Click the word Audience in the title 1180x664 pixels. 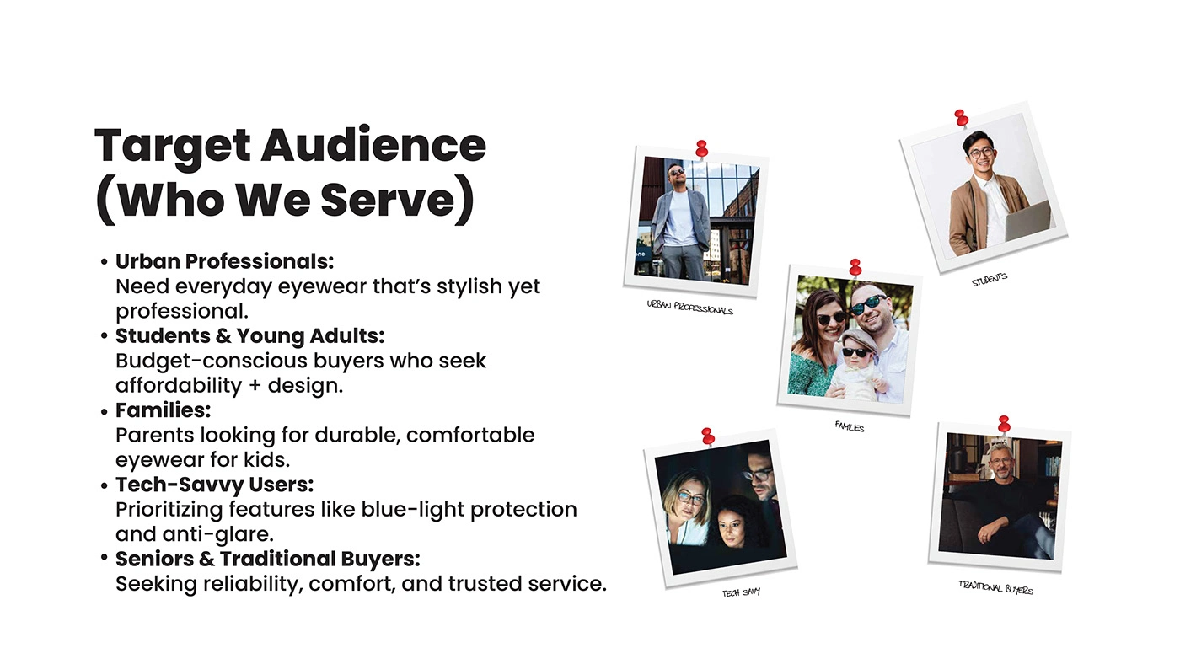pos(373,145)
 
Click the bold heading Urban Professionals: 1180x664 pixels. pos(224,261)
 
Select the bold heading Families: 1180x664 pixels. pos(163,410)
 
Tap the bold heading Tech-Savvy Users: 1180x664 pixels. pos(214,485)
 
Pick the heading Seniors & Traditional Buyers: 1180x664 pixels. pos(268,559)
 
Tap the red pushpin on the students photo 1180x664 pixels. pos(961,118)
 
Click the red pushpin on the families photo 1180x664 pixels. pos(855,267)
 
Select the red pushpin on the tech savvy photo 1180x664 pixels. pos(708,436)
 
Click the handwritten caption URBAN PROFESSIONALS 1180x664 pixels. pos(690,308)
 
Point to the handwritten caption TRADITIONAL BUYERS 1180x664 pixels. pos(995,587)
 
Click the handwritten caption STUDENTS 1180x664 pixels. pos(990,280)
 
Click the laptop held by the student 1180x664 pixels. pos(1027,221)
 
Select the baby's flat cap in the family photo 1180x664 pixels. pos(859,340)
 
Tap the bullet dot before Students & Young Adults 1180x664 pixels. pos(105,336)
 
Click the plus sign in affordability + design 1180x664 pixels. pos(255,386)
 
